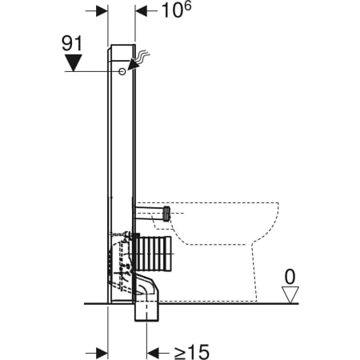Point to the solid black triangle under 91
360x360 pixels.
coord(74,62)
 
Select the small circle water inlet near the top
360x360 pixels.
coord(121,72)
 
